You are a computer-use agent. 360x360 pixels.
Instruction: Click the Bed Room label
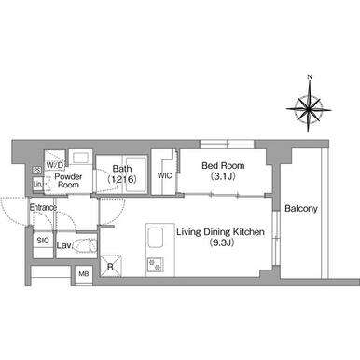pyautogui.click(x=223, y=165)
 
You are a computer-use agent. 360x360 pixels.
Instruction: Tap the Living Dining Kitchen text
pyautogui.click(x=220, y=232)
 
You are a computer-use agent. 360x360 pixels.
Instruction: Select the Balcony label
pyautogui.click(x=301, y=209)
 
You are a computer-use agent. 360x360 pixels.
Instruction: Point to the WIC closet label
pyautogui.click(x=164, y=176)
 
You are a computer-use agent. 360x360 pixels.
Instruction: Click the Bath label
pyautogui.click(x=122, y=169)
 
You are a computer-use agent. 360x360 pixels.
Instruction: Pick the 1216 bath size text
pyautogui.click(x=122, y=179)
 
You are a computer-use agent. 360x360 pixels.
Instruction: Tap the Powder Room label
pyautogui.click(x=68, y=181)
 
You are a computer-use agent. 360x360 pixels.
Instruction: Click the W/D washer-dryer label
pyautogui.click(x=55, y=164)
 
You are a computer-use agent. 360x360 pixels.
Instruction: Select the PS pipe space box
pyautogui.click(x=36, y=170)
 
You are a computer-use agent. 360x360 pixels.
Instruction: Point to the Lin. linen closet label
pyautogui.click(x=37, y=184)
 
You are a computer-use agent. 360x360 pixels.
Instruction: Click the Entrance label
pyautogui.click(x=43, y=207)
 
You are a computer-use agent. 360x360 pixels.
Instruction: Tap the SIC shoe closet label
pyautogui.click(x=43, y=241)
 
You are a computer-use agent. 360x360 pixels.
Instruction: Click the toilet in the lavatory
pyautogui.click(x=86, y=245)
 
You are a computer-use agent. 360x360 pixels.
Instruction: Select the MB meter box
pyautogui.click(x=84, y=274)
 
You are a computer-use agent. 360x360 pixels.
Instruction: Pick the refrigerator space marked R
pyautogui.click(x=111, y=266)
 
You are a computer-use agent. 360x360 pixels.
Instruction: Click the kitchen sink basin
pyautogui.click(x=155, y=238)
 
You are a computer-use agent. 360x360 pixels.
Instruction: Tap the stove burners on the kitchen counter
pyautogui.click(x=155, y=265)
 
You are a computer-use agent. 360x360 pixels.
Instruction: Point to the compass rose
pyautogui.click(x=309, y=109)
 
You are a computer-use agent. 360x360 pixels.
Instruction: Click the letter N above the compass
pyautogui.click(x=310, y=76)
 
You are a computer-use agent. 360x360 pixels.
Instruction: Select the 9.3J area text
pyautogui.click(x=221, y=242)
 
